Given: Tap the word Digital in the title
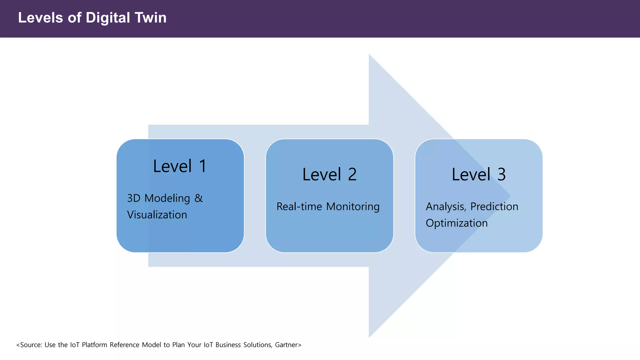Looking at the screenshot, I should pyautogui.click(x=108, y=18).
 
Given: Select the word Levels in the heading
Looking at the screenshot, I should pyautogui.click(x=40, y=18).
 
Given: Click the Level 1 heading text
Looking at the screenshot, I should pyautogui.click(x=180, y=166).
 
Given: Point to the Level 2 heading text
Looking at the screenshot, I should pyautogui.click(x=329, y=174).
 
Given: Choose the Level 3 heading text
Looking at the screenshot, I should pyautogui.click(x=478, y=174).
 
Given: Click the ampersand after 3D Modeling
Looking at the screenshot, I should pyautogui.click(x=199, y=198).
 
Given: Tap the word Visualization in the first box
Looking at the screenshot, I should pyautogui.click(x=157, y=215).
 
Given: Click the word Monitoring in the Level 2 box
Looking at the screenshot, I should pyautogui.click(x=353, y=207).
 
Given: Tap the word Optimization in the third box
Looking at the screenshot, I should pyautogui.click(x=457, y=223).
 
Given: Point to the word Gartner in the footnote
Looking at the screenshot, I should pyautogui.click(x=286, y=345).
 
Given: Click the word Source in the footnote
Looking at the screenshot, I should pyautogui.click(x=30, y=345).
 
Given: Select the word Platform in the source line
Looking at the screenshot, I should pyautogui.click(x=94, y=345).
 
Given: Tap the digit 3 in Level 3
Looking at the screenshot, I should pyautogui.click(x=501, y=174).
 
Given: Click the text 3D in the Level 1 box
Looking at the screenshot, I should pyautogui.click(x=134, y=198).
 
